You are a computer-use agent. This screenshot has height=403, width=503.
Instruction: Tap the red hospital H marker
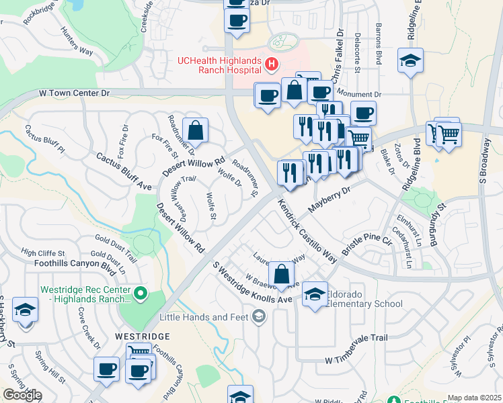[x=272, y=65]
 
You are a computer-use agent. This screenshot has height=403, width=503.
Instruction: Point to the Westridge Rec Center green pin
[x=140, y=293]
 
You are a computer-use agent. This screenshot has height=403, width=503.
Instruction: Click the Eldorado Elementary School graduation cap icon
[x=315, y=294]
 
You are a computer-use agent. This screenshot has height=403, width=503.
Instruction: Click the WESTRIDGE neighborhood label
[x=143, y=335]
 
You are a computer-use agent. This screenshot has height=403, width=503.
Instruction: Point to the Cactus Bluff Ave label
[x=124, y=169]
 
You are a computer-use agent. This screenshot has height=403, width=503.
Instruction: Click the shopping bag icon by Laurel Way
[x=282, y=273]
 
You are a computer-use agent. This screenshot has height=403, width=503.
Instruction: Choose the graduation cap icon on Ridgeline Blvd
[x=410, y=61]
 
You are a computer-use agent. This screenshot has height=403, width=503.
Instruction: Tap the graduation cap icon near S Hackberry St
[x=25, y=310]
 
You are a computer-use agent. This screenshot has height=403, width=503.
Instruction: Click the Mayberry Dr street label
[x=330, y=199]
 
